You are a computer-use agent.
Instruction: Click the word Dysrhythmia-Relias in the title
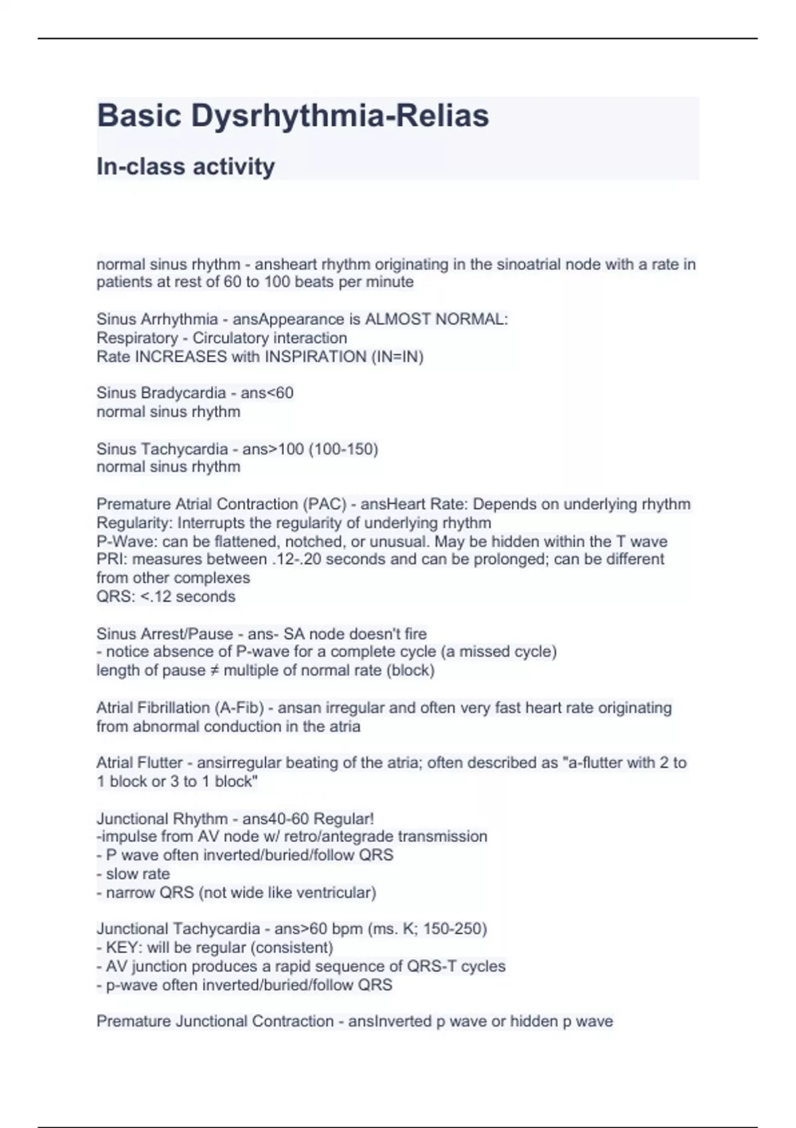(340, 116)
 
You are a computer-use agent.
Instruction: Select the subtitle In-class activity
(186, 166)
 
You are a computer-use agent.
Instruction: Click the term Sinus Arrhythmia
(157, 319)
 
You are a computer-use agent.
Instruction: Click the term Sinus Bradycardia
(161, 393)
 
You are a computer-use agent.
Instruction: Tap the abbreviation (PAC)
(324, 504)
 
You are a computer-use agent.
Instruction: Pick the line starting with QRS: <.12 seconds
(166, 597)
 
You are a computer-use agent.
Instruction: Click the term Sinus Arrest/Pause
(167, 634)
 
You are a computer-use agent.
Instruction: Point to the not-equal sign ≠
(214, 670)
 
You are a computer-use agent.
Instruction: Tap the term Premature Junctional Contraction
(215, 1021)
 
